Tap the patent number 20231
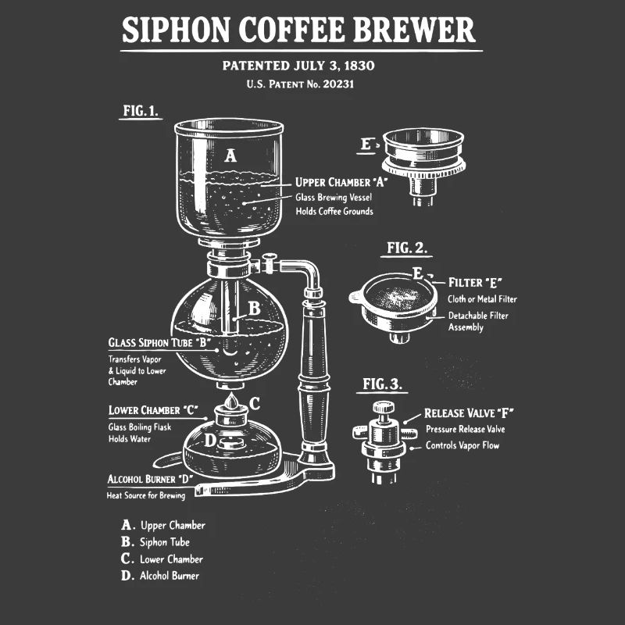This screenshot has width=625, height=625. pyautogui.click(x=337, y=84)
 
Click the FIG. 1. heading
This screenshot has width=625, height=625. pyautogui.click(x=141, y=111)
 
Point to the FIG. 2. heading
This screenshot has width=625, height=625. pyautogui.click(x=407, y=248)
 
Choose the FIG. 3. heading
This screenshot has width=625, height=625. pyautogui.click(x=383, y=384)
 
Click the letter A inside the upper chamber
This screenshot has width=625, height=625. pyautogui.click(x=230, y=156)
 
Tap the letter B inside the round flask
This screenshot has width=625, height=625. pyautogui.click(x=254, y=309)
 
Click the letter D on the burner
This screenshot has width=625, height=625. pyautogui.click(x=210, y=440)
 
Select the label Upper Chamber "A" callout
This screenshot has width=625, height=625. pyautogui.click(x=341, y=183)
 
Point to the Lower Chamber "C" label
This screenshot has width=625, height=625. pyautogui.click(x=153, y=410)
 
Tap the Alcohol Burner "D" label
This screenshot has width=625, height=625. pyautogui.click(x=150, y=479)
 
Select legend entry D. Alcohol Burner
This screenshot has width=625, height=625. pyautogui.click(x=160, y=576)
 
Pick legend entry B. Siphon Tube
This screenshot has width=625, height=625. pyautogui.click(x=155, y=541)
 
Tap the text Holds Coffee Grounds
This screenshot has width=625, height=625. pyautogui.click(x=334, y=211)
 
